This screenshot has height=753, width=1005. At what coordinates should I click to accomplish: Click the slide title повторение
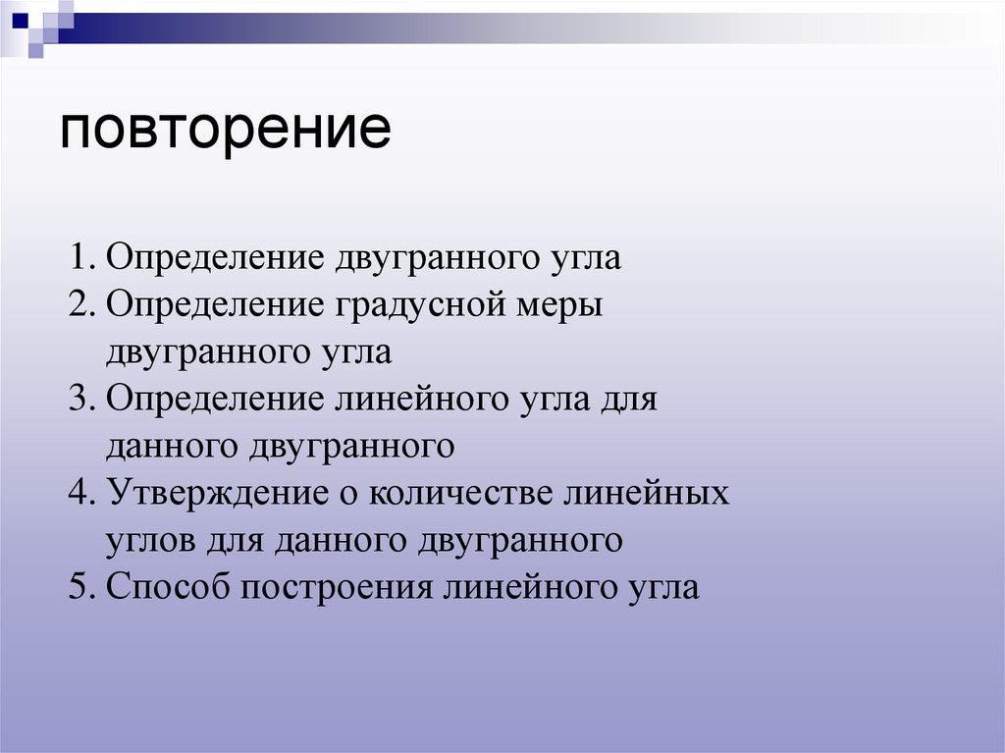tap(226, 131)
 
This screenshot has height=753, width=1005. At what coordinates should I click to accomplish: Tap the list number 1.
tap(79, 258)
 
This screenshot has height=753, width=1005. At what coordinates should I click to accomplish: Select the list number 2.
tap(79, 305)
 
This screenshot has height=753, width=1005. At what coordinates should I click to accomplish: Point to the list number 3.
tap(79, 400)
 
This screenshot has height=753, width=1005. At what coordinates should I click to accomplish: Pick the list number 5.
tap(79, 587)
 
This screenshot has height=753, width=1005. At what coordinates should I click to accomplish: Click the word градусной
tap(421, 305)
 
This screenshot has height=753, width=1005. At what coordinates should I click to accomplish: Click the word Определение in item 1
tap(215, 259)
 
